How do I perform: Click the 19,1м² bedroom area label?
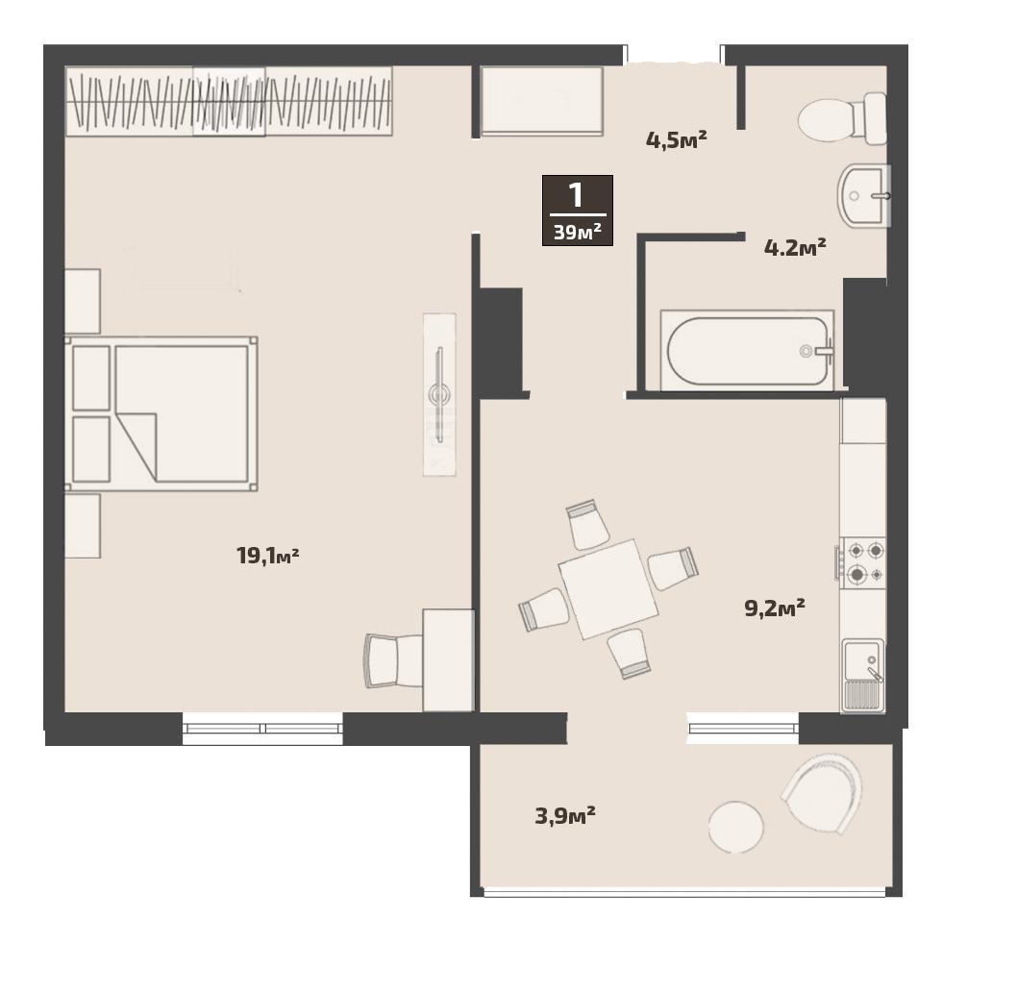click(268, 556)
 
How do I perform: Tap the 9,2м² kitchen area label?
click(775, 608)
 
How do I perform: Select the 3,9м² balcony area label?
click(565, 815)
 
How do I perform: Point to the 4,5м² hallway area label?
click(677, 139)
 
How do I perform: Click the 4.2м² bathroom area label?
click(795, 247)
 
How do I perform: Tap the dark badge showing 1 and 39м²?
click(578, 211)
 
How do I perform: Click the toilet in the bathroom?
click(842, 119)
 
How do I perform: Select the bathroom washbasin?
click(864, 195)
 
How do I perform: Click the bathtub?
click(747, 350)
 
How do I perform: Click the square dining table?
click(608, 589)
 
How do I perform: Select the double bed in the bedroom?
click(161, 413)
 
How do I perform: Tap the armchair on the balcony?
click(822, 793)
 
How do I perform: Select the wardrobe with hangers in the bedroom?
click(229, 101)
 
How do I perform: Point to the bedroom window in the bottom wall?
click(262, 728)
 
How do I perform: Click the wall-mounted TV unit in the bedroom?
click(439, 394)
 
